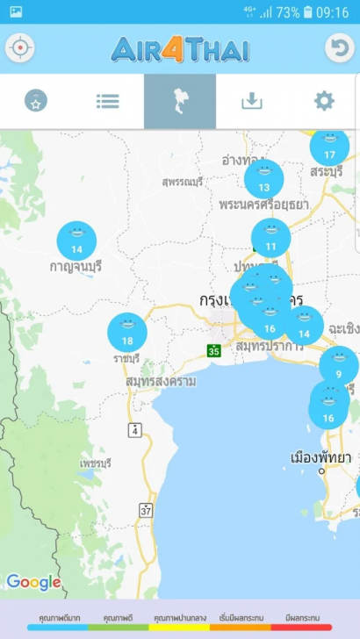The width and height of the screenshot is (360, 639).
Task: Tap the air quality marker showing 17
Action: click(x=329, y=147)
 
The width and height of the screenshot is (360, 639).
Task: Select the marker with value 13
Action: click(x=263, y=179)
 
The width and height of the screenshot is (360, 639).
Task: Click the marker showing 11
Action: click(x=270, y=238)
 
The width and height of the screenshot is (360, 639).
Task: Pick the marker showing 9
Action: click(x=338, y=366)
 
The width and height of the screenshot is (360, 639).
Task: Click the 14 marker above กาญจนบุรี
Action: click(x=76, y=241)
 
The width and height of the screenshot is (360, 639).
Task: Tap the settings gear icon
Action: click(x=324, y=101)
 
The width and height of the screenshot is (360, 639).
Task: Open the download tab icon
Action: click(x=252, y=101)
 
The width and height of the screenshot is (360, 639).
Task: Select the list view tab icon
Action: click(x=108, y=101)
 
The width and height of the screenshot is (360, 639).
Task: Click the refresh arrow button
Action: click(x=339, y=48)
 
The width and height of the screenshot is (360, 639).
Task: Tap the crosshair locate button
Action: click(x=20, y=48)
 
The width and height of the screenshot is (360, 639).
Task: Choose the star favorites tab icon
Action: click(x=36, y=101)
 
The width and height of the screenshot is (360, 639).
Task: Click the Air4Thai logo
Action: click(x=180, y=48)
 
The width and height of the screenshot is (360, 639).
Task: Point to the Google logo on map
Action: click(x=34, y=581)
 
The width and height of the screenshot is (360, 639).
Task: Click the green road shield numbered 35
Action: click(x=213, y=350)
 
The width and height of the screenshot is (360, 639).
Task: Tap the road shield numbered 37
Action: click(x=146, y=509)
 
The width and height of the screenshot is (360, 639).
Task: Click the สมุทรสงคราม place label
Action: click(x=161, y=382)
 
